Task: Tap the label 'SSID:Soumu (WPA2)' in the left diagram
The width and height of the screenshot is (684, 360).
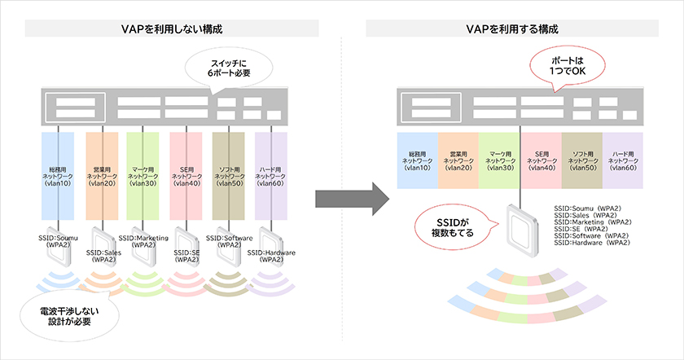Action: (x=59, y=241)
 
